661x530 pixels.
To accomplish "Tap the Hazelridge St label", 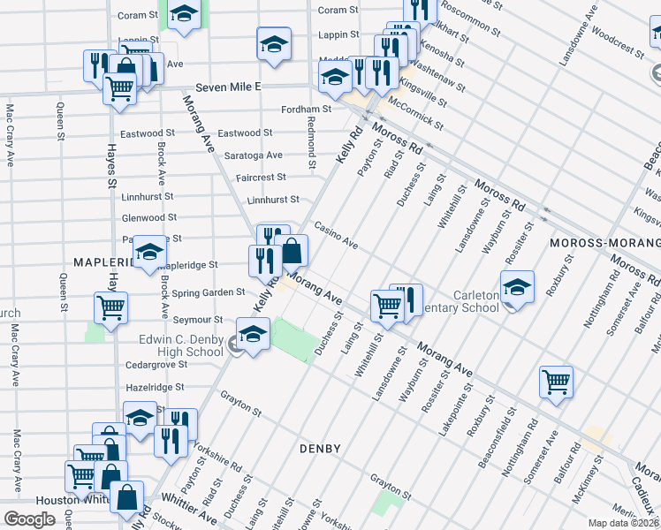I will click(x=155, y=387).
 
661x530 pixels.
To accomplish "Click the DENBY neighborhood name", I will click(x=320, y=449).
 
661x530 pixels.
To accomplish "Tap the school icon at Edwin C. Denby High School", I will click(x=253, y=335).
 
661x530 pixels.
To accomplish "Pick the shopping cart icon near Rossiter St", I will click(x=556, y=382).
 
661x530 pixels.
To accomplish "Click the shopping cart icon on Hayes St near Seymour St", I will click(x=111, y=307).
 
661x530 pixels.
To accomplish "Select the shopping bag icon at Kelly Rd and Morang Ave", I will click(x=291, y=250).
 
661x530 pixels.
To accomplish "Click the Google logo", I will click(x=29, y=519).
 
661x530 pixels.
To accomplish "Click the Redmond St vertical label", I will click(x=312, y=141).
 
